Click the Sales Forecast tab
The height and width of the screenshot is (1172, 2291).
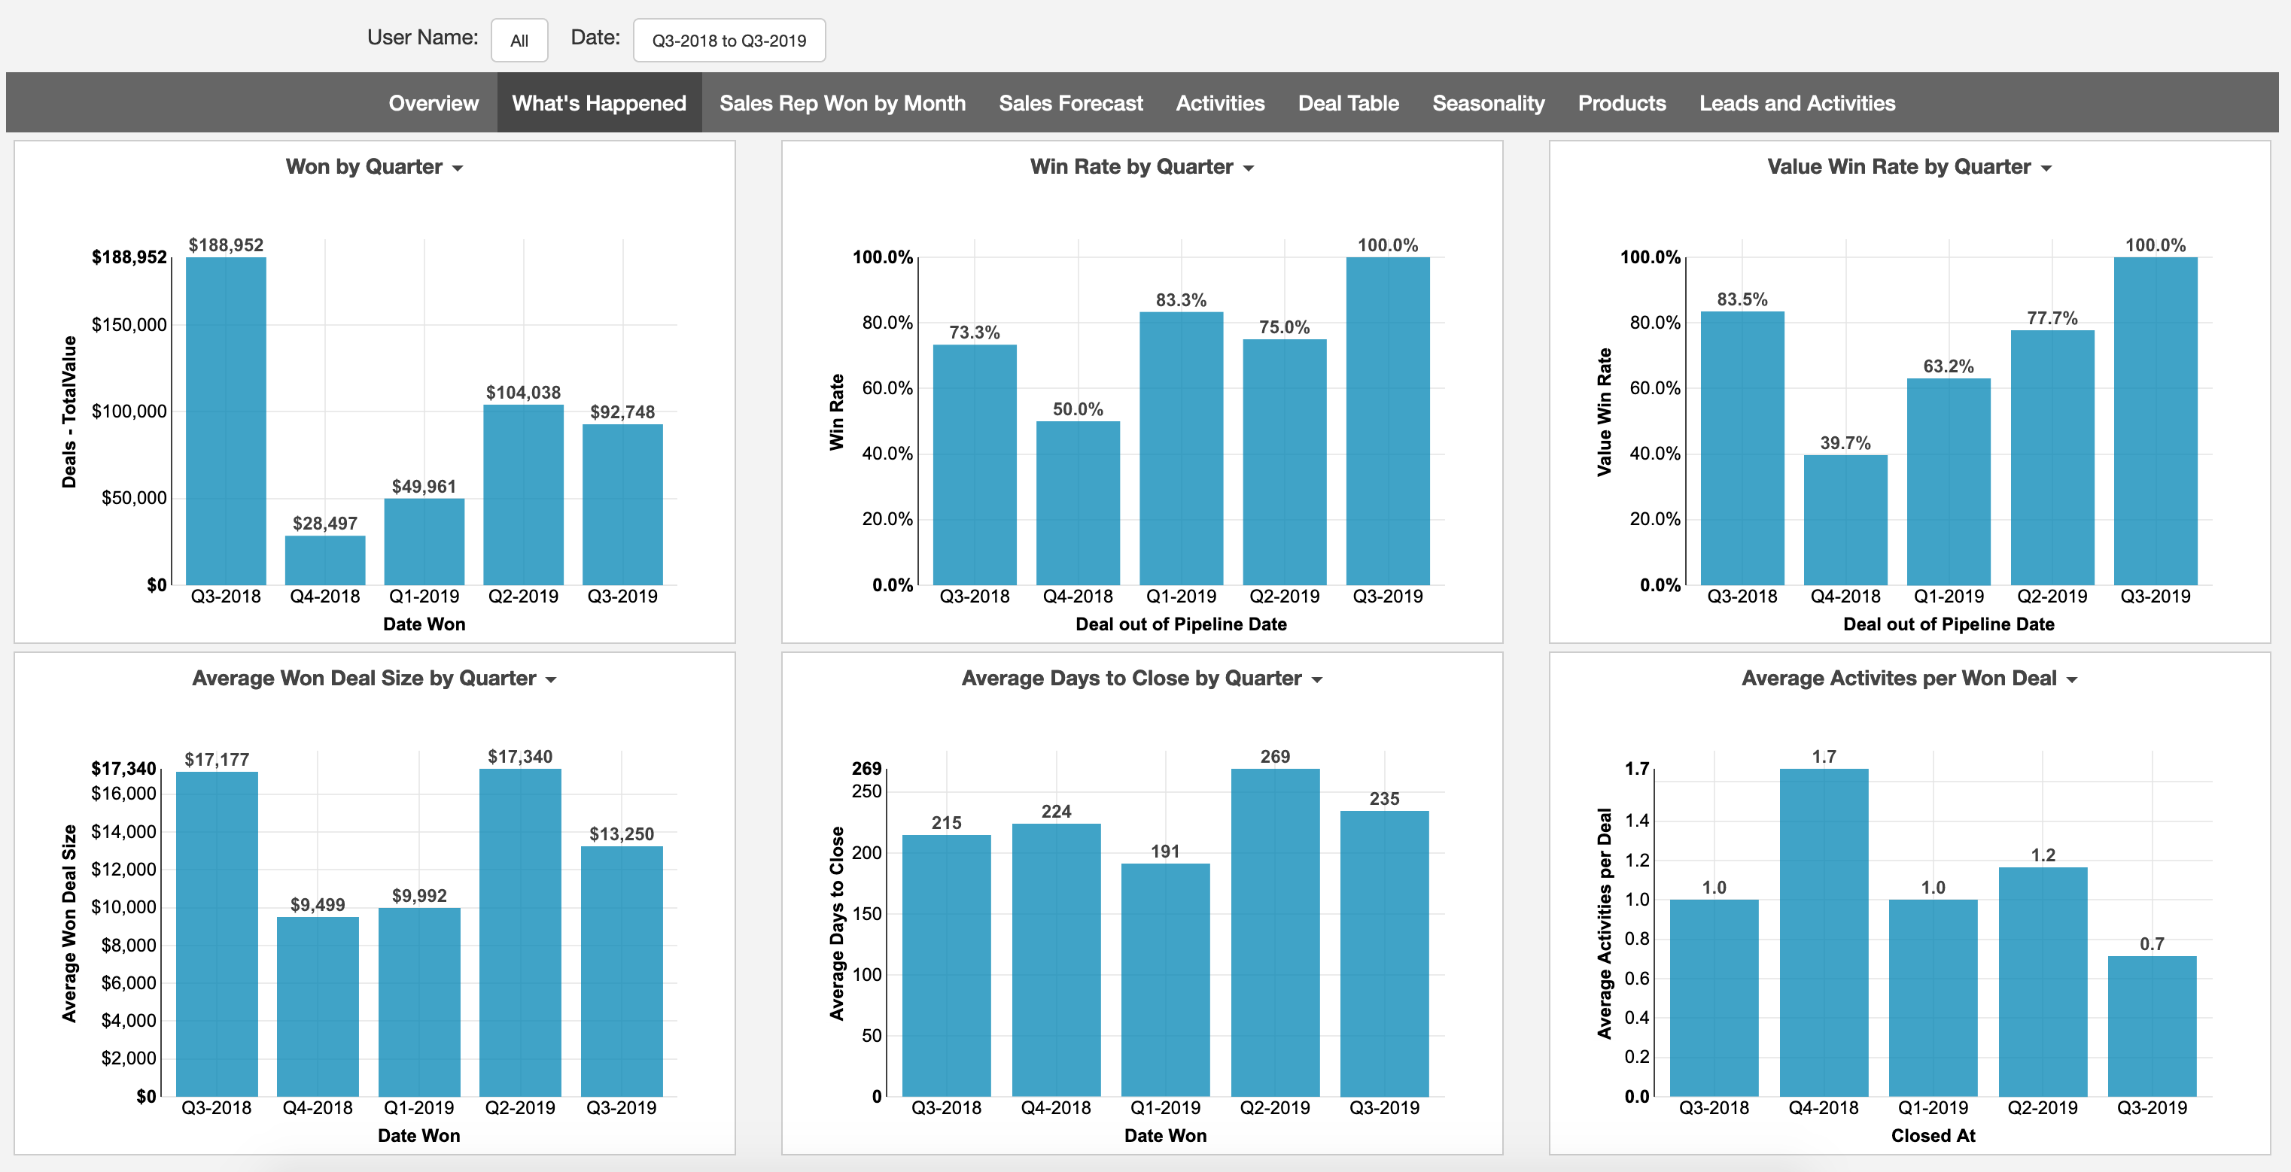[1070, 103]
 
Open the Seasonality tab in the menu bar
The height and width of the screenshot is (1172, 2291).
[1488, 103]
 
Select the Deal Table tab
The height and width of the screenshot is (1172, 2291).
[1347, 103]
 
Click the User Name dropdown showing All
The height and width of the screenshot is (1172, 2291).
[519, 41]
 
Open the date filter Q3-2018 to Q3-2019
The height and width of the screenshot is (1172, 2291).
[729, 41]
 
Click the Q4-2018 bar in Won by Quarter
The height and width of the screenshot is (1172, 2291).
[324, 560]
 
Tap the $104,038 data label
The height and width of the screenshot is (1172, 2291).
[523, 392]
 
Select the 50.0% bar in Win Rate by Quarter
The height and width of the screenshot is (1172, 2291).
[1077, 503]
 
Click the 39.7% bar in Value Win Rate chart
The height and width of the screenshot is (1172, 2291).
[1845, 521]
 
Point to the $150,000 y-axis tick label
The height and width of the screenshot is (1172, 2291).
[129, 324]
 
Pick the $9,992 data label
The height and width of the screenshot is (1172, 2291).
[419, 895]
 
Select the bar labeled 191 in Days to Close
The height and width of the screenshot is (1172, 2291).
[1165, 978]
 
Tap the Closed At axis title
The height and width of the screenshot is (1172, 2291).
[1933, 1136]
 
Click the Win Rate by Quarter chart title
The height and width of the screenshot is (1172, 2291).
[1130, 167]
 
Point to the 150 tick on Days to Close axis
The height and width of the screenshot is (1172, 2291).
[866, 913]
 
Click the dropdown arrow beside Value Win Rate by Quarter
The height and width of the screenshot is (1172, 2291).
[2046, 168]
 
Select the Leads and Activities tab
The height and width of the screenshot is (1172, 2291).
[1797, 103]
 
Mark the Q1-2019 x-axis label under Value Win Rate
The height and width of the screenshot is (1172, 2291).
[1948, 596]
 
